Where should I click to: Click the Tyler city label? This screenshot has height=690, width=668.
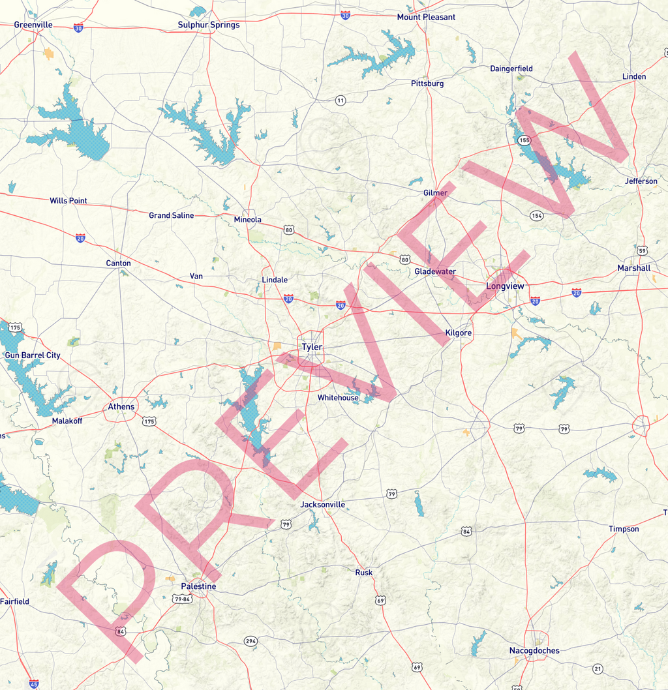click(x=312, y=347)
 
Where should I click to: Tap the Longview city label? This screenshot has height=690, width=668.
click(x=505, y=286)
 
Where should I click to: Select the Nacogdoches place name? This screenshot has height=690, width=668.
click(x=534, y=650)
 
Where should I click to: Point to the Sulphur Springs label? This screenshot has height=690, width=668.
click(x=209, y=25)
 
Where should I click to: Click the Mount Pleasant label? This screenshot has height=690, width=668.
click(x=426, y=17)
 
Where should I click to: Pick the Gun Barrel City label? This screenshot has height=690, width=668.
click(x=33, y=355)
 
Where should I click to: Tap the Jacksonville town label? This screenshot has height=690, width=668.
click(x=322, y=505)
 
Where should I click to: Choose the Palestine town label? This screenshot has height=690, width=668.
click(x=198, y=586)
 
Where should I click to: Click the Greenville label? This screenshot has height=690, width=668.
click(x=33, y=25)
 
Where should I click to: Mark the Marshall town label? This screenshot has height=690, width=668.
click(x=633, y=268)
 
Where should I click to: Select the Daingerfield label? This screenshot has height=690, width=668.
click(x=511, y=68)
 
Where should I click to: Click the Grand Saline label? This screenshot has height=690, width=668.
click(x=171, y=215)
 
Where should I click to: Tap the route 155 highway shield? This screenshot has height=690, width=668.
click(x=524, y=140)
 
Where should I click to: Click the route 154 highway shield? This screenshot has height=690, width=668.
click(x=536, y=215)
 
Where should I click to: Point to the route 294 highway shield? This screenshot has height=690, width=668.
click(x=251, y=641)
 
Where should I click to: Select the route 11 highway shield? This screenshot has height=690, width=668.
click(x=341, y=100)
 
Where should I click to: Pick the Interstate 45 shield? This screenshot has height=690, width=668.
click(x=34, y=684)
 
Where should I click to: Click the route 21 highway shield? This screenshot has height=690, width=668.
click(x=598, y=668)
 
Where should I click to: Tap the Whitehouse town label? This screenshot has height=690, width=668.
click(x=338, y=398)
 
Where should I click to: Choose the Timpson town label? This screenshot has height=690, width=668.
click(x=624, y=529)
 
